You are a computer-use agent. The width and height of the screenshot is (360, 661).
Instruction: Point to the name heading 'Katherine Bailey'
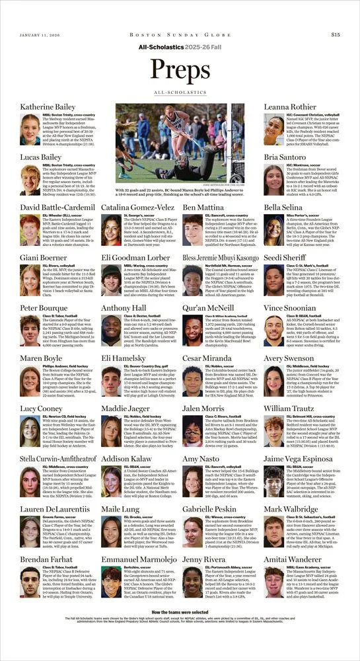tap(48, 106)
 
